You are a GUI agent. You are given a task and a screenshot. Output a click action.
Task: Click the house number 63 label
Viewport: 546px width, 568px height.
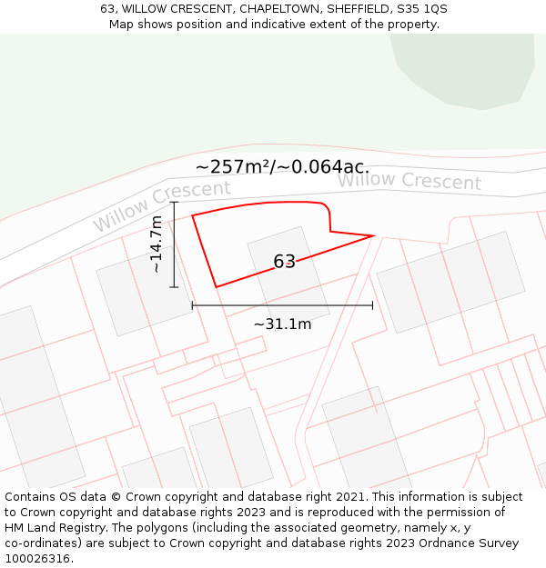[x=284, y=262]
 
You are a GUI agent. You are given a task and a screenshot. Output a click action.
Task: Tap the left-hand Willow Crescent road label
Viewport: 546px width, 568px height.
[x=162, y=204]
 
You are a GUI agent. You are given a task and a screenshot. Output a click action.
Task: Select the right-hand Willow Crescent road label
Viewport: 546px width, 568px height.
[x=409, y=181]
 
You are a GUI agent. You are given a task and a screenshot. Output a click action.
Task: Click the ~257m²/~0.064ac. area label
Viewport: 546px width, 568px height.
[x=282, y=166]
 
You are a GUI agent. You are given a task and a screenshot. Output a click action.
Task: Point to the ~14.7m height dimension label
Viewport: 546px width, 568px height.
[x=157, y=244]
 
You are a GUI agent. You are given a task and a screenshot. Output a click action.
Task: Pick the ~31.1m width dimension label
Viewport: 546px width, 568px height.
[x=282, y=324]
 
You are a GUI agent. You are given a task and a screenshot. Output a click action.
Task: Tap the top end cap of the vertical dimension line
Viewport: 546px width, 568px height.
[x=174, y=202]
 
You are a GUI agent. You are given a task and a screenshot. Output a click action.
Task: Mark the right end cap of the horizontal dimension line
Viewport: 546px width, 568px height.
[x=372, y=305]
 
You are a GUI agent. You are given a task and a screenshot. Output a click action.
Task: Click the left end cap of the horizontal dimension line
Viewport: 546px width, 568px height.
[x=192, y=305]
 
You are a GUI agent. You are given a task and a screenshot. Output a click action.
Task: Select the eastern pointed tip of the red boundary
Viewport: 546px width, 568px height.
[x=374, y=236]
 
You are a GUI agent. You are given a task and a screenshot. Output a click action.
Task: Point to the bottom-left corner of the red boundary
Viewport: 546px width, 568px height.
[x=217, y=287]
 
